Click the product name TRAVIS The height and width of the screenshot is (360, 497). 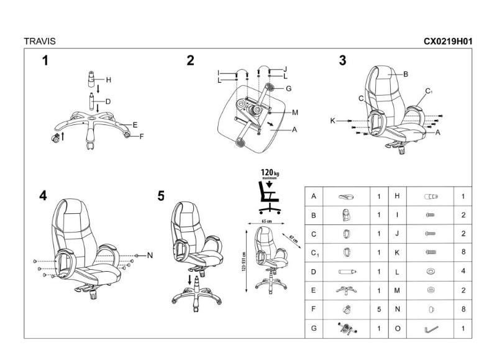coord(39,42)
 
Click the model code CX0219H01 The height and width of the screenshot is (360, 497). coord(448,42)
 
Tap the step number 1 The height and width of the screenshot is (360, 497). coord(45,60)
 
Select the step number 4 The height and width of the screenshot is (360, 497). coord(43,195)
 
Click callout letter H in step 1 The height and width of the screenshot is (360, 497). coord(108,80)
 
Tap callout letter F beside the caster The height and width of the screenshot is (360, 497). coord(141,137)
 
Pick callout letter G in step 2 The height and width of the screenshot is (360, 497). coord(288,89)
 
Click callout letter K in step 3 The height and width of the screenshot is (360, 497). coord(333,120)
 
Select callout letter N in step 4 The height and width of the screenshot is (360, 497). coord(150,255)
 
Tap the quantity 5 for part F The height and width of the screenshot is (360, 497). coord(378,307)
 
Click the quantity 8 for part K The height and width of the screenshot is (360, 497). coord(463,252)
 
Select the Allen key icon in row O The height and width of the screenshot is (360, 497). coord(431,328)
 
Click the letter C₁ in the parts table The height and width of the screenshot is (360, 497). coord(314,252)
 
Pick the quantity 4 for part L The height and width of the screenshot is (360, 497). coord(463,272)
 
